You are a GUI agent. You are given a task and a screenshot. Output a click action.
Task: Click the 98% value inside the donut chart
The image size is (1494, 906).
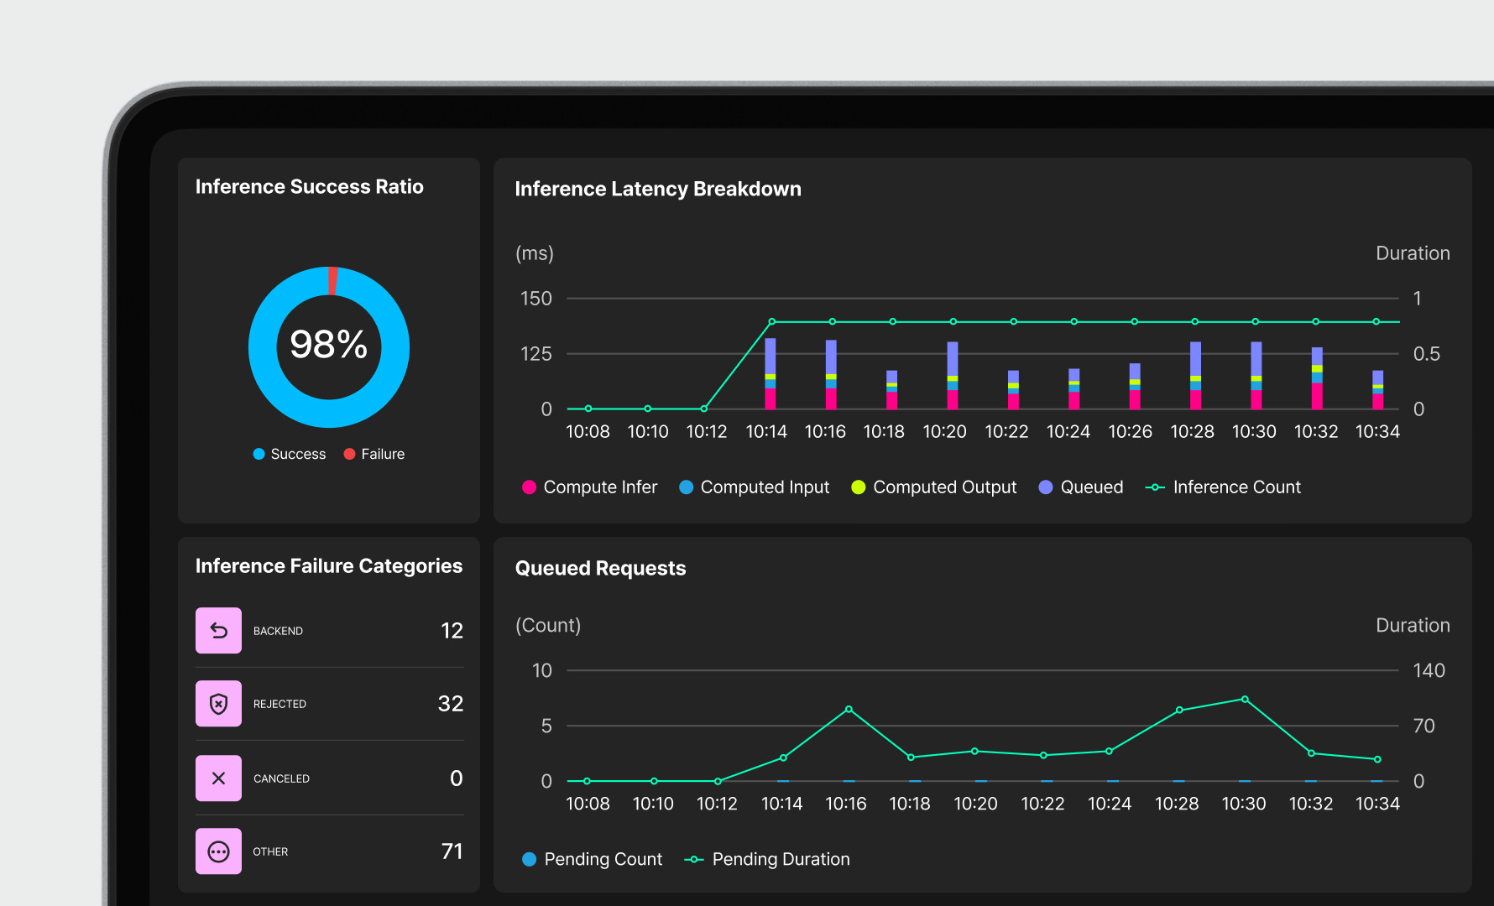328,344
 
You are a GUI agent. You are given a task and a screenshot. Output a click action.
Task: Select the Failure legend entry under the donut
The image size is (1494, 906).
374,454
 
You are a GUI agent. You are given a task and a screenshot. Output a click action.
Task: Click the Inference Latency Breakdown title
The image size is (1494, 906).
657,190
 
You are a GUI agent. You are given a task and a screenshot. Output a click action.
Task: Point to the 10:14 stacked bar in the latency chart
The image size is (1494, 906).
770,373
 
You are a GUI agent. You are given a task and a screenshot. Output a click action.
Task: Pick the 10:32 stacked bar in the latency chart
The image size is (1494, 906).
1317,378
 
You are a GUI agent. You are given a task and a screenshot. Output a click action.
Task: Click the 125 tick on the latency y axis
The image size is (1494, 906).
536,354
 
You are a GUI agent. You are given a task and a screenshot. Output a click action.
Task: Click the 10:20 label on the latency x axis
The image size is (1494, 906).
944,432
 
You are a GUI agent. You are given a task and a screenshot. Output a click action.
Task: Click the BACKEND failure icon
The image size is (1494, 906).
218,631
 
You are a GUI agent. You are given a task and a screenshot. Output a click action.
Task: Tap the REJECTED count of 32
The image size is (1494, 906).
451,704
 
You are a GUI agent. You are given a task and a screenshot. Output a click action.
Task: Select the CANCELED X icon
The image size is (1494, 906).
218,778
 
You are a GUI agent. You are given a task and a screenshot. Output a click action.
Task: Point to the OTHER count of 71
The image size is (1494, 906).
452,851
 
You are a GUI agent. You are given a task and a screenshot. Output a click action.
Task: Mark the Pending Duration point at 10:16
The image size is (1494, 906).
849,710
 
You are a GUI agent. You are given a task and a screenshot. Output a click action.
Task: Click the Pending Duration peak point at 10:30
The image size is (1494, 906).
1245,700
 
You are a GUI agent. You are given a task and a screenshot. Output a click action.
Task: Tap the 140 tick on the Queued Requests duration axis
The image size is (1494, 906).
1429,671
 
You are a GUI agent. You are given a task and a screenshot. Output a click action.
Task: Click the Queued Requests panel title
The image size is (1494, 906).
600,569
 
